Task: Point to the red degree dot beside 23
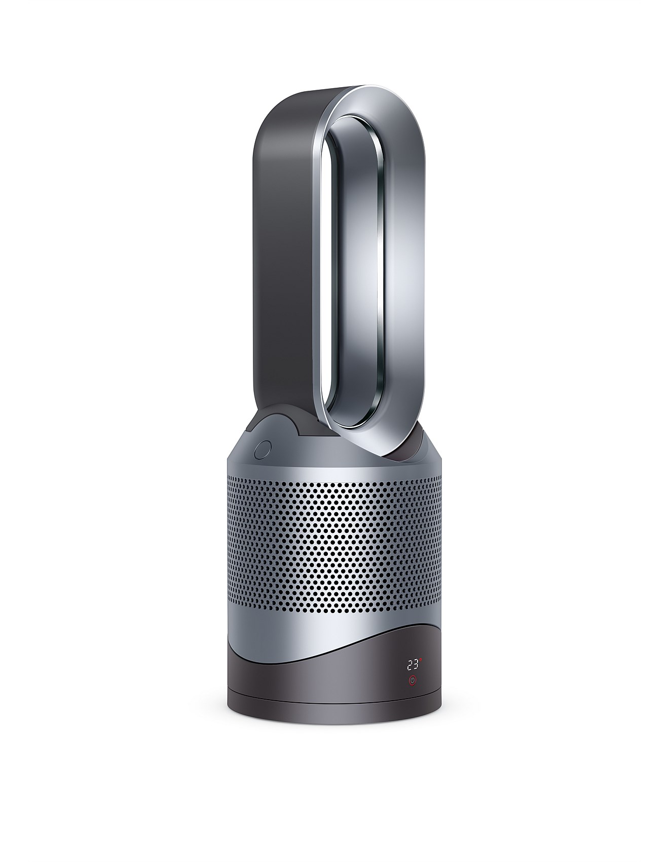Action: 420,660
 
